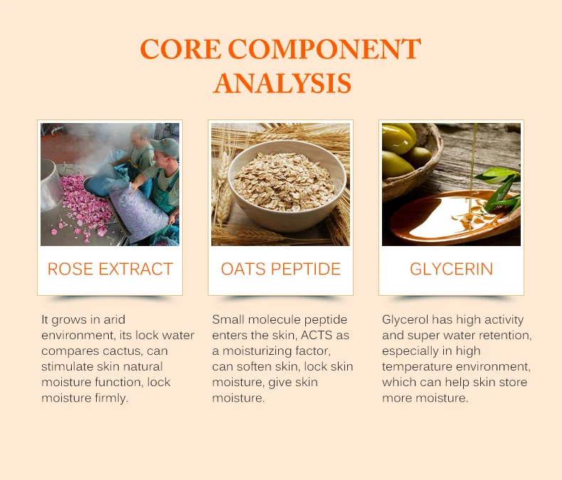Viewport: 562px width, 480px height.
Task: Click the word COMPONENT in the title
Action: pyautogui.click(x=324, y=49)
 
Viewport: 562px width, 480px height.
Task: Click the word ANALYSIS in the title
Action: pyautogui.click(x=282, y=83)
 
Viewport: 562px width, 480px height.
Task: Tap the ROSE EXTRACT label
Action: pyautogui.click(x=110, y=269)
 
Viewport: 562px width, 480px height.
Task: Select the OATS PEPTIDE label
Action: pyautogui.click(x=280, y=269)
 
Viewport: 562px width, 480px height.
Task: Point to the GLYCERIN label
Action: pyautogui.click(x=451, y=269)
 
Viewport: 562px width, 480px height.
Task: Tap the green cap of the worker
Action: pyautogui.click(x=166, y=146)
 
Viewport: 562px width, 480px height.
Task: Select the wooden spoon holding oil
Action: pyautogui.click(x=454, y=217)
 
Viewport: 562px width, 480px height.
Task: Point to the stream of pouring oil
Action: pyautogui.click(x=472, y=169)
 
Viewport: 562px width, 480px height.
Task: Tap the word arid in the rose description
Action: pyautogui.click(x=115, y=319)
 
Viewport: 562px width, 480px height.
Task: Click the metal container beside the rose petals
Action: pyautogui.click(x=51, y=184)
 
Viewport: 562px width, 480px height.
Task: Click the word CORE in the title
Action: pyautogui.click(x=181, y=49)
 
